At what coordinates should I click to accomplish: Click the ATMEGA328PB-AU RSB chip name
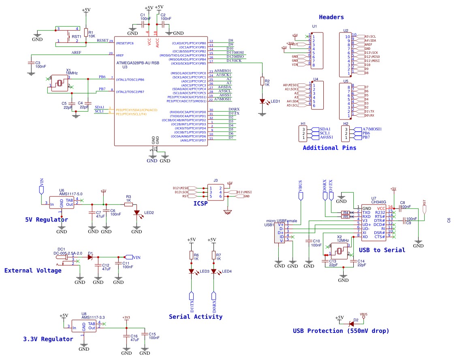138,63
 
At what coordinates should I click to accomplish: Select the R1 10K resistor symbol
85,33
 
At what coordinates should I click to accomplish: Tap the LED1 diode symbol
262,101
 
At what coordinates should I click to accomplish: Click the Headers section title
331,17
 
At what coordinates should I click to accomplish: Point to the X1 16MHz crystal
60,83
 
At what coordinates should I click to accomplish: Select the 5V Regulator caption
46,219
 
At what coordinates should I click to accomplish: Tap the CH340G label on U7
378,202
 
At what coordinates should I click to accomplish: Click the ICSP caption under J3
201,203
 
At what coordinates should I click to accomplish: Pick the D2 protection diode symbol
351,323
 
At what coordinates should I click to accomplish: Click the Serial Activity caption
195,317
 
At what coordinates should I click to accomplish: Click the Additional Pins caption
329,148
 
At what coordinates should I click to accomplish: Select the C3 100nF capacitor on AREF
31,63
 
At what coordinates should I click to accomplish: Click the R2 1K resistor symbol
262,81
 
